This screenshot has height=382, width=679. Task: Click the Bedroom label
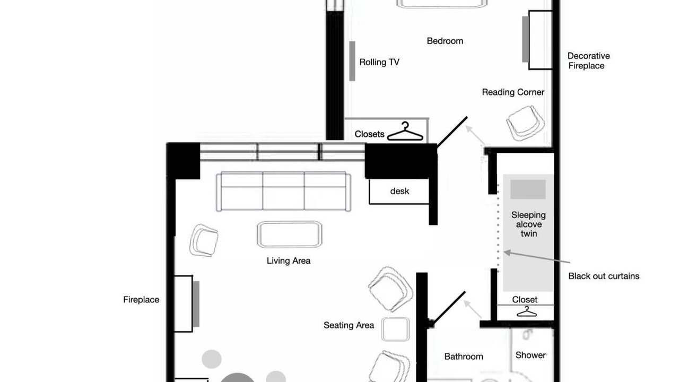pos(445,41)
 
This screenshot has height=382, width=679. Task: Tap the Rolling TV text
pos(379,62)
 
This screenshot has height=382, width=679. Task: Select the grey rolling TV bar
pos(352,61)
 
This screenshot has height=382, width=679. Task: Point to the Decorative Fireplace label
pos(588,60)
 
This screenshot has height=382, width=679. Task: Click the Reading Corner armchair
pos(525,123)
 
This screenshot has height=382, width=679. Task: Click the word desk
pos(399,192)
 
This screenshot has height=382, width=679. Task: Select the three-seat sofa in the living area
pos(283,192)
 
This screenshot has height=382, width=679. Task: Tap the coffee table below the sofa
pos(290,235)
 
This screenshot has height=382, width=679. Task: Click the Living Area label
pos(288,261)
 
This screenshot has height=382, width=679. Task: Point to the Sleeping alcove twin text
pos(528,224)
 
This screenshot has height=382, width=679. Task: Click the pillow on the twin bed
pos(528,189)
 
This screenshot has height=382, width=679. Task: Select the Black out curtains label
pos(604,276)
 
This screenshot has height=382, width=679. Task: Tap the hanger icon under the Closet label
pos(527,311)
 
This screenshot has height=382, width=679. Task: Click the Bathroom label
pos(464,357)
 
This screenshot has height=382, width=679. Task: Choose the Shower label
pos(530,355)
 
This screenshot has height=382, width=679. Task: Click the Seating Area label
pos(349,325)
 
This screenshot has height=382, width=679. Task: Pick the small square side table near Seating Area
pos(395,329)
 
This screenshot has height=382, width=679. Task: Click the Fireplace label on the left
pos(141,300)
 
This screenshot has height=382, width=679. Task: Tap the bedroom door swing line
pos(452,132)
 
